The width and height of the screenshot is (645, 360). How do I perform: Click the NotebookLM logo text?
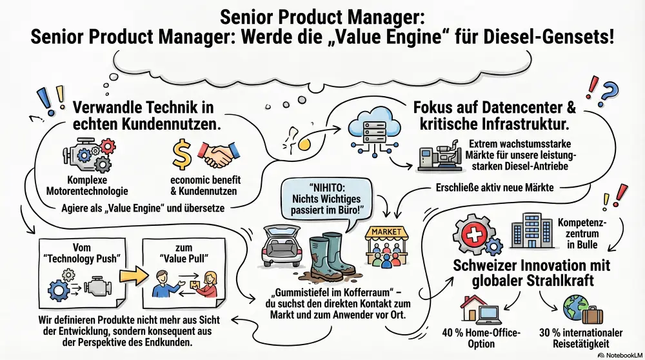coord(623,354)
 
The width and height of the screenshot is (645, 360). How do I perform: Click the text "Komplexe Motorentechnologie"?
coord(97,185)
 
